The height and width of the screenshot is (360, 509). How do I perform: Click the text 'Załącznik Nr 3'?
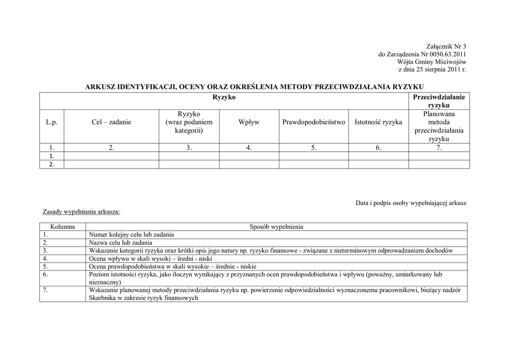coord(446,46)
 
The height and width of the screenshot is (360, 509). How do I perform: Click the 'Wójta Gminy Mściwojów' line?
coord(431,62)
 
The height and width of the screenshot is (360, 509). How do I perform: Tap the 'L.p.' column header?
coord(52,122)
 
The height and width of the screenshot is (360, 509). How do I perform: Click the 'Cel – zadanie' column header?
coord(111,122)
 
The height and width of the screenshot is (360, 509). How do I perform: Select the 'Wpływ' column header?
coord(249,122)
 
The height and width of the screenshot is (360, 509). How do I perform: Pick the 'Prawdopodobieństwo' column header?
coord(314,122)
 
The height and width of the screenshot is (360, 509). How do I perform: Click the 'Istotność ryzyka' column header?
coord(378,122)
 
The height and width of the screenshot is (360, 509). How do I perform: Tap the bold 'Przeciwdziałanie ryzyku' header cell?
coord(439,101)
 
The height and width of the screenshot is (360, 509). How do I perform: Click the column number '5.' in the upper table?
coord(314,148)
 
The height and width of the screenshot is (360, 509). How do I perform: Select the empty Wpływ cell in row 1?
coord(249,156)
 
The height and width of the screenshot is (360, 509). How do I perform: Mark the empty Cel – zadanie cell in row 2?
coord(111,165)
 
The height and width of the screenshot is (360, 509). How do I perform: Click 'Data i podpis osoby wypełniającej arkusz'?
coord(411,203)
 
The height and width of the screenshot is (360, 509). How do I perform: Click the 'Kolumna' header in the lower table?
coord(63,227)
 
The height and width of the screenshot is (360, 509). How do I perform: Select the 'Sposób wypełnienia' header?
coord(276,227)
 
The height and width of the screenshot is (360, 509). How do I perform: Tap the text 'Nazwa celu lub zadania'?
coord(120,243)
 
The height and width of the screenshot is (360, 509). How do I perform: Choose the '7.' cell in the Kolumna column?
coord(45,290)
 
